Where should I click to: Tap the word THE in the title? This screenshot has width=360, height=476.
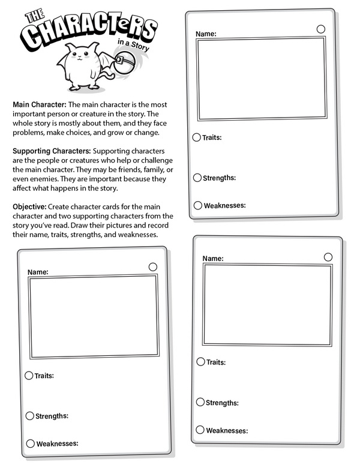tap(31, 16)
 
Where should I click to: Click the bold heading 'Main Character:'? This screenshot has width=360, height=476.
tap(40, 104)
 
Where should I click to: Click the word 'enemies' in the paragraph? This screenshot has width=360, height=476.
tap(38, 178)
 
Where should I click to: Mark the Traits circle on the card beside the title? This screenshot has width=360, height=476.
tap(197, 137)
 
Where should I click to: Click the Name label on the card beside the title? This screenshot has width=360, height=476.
tap(206, 34)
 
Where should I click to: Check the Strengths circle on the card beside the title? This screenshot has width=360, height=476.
tap(197, 178)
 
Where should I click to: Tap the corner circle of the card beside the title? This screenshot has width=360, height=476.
tap(321, 29)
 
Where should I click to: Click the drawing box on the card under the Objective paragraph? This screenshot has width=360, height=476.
tap(94, 316)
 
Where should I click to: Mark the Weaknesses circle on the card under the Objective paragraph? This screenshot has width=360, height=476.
tap(29, 444)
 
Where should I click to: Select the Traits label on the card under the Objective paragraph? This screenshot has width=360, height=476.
tap(44, 376)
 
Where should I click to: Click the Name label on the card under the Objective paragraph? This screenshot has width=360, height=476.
tap(38, 272)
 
